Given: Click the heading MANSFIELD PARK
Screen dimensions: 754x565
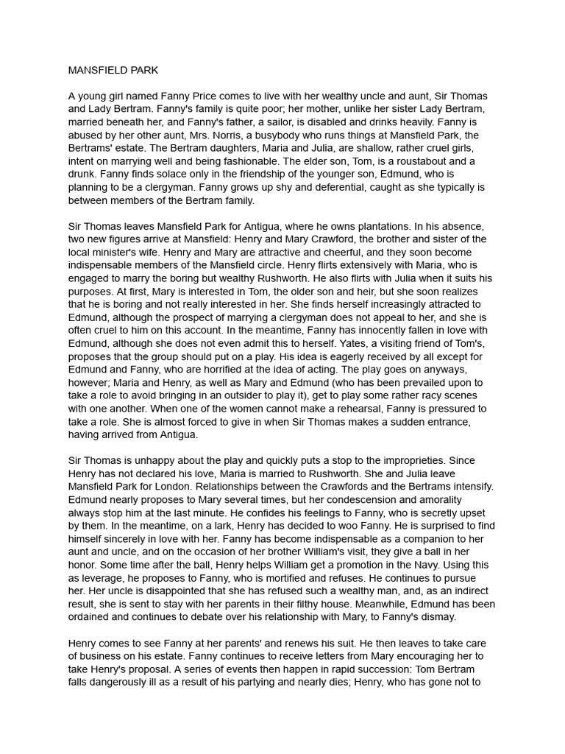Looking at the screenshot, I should tap(113, 71).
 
